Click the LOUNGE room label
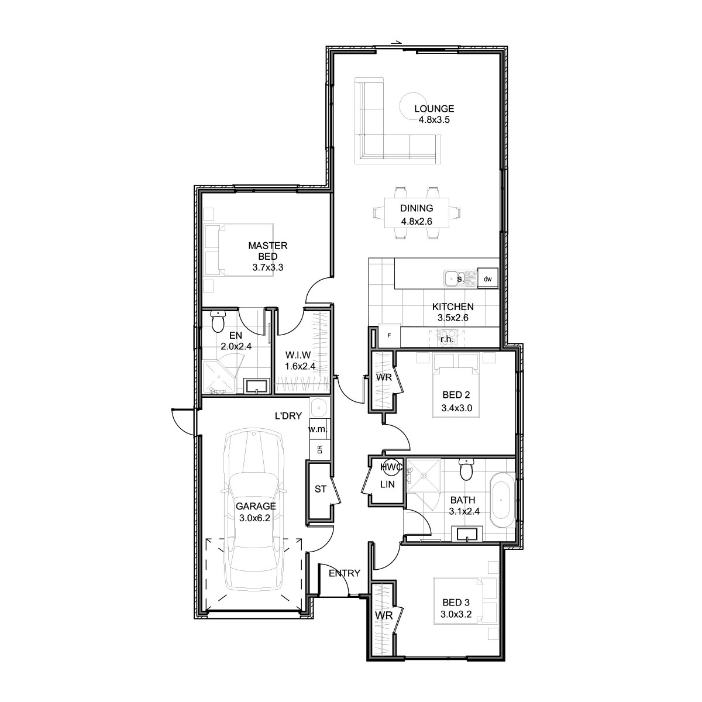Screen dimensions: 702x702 pos(434,109)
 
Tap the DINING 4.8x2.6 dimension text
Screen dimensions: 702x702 pos(417,221)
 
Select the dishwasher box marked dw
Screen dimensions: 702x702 pos(487,279)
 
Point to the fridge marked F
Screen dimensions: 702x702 pos(389,336)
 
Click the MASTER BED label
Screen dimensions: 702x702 pos(268,251)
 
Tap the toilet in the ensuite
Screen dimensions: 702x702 pos(218,321)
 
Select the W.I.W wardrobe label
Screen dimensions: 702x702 pos(298,355)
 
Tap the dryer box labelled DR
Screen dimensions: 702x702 pos(319,450)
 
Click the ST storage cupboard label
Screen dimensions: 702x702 pos(320,489)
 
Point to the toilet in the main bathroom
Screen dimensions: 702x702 pos(466,469)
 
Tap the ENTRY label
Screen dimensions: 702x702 pos(344,573)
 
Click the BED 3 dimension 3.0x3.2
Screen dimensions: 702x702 pos(456,614)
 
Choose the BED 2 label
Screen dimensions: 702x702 pos(456,394)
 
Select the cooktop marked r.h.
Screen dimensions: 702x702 pos(446,338)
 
